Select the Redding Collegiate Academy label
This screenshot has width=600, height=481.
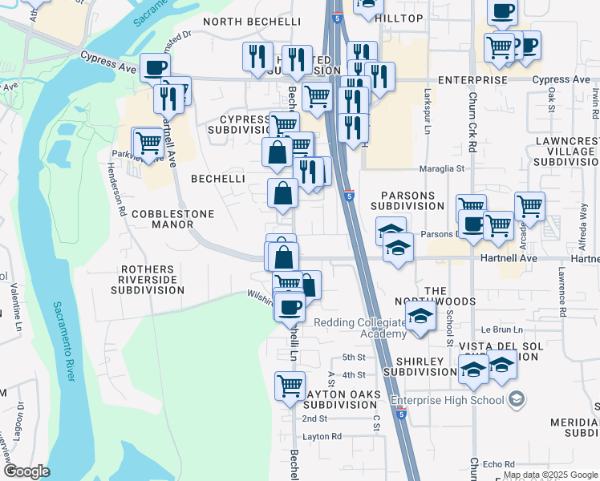click(x=360, y=327)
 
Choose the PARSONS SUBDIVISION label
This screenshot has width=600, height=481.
click(x=407, y=200)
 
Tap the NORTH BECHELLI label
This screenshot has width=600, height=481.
click(x=252, y=21)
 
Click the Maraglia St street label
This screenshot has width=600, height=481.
click(x=443, y=169)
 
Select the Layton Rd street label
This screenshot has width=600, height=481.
click(x=322, y=437)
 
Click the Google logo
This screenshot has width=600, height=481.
click(x=26, y=471)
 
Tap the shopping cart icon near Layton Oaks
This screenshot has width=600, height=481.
click(x=290, y=385)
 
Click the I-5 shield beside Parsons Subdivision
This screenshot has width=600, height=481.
click(x=349, y=195)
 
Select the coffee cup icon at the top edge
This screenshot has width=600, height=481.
click(x=502, y=10)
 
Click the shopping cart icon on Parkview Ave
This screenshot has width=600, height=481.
click(x=148, y=142)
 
